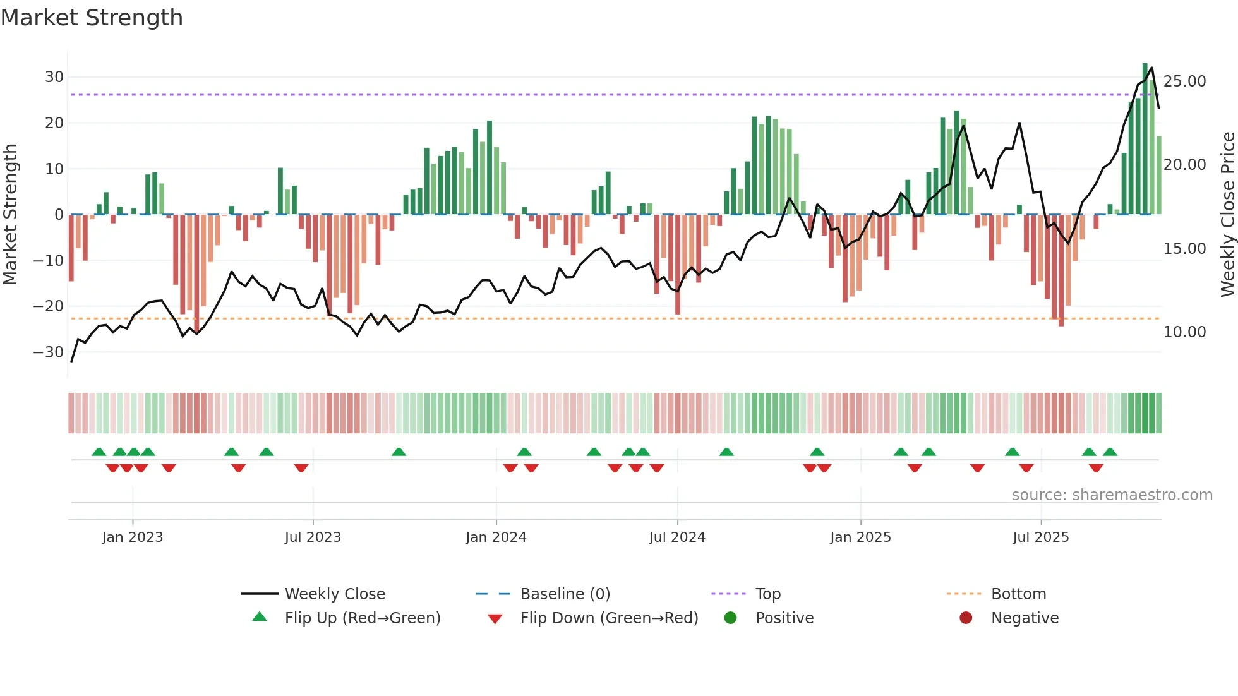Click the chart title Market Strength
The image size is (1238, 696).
pos(92,18)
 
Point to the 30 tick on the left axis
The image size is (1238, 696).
pos(54,77)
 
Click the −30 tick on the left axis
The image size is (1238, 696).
pos(49,352)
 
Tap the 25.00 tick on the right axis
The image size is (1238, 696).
pos(1184,81)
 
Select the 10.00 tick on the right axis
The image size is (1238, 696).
pos(1184,332)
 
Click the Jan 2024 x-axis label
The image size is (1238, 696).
pos(496,537)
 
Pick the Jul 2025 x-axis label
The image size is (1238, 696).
pos(1040,537)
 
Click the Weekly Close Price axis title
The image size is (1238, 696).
pos(1227,215)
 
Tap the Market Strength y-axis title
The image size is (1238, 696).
pos(11,215)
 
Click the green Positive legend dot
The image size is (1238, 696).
pos(730,618)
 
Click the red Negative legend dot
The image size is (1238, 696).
pos(966,618)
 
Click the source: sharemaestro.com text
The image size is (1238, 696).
pos(1112,495)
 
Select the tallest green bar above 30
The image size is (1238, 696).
pos(1145,139)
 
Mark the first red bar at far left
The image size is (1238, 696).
pos(71,248)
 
